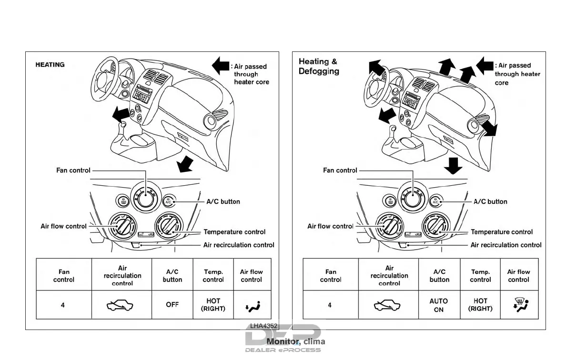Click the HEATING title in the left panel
point(50,65)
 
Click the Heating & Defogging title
point(319,66)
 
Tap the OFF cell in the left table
point(172,305)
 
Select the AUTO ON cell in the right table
point(439,305)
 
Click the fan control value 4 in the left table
point(63,305)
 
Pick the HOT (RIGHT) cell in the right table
point(480,305)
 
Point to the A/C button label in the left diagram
point(223,201)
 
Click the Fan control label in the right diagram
point(340,170)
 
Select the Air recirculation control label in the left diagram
point(239,245)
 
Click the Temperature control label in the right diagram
point(502,232)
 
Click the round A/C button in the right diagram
point(435,201)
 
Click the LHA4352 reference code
point(264,326)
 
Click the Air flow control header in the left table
point(252,276)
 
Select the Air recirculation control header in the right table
point(389,276)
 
